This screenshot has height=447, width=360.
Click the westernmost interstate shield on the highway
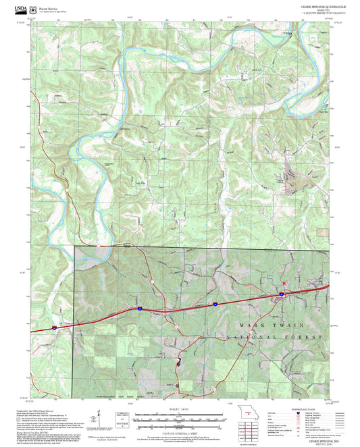click(x=51, y=329)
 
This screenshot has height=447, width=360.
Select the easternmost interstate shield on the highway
click(x=280, y=294)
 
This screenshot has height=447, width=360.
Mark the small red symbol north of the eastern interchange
click(x=284, y=282)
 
